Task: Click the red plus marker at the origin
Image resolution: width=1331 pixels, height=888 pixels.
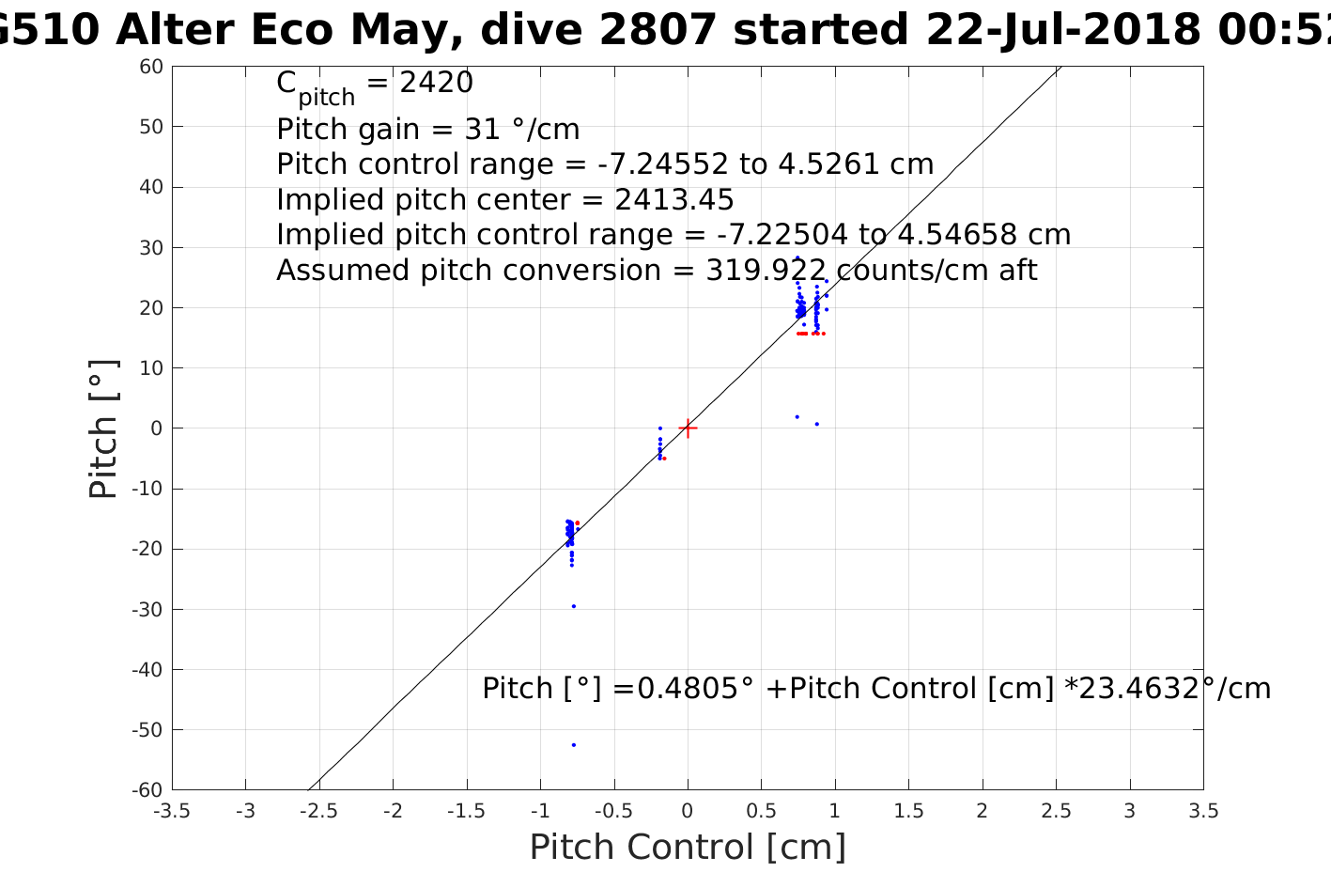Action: [x=688, y=428]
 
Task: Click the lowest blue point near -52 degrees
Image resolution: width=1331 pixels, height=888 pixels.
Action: [x=574, y=745]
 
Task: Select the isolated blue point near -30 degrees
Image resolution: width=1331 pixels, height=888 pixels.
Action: [x=574, y=606]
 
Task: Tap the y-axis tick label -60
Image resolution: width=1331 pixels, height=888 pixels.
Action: [x=148, y=790]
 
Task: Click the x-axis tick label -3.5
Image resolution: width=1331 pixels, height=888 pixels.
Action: [x=172, y=811]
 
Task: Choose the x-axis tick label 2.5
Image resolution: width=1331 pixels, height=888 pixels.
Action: [x=1056, y=811]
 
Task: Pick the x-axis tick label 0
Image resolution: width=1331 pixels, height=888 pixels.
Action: [x=688, y=811]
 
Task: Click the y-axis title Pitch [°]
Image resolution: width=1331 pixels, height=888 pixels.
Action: [x=103, y=428]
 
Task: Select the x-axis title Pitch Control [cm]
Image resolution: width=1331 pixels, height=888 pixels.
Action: [x=688, y=848]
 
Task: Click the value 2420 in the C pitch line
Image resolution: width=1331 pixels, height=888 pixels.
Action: [x=437, y=84]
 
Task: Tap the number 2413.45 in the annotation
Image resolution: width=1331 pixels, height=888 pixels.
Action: [x=674, y=200]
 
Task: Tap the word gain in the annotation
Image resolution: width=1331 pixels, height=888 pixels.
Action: [x=372, y=130]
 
